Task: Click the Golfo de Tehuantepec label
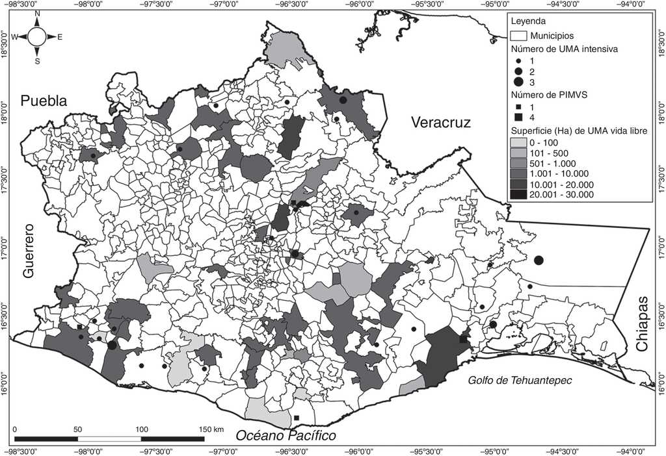pos(520,380)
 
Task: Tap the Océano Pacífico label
pos(286,435)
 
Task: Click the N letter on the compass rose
pos(37,13)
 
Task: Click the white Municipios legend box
pos(518,36)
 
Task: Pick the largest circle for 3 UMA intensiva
pos(518,82)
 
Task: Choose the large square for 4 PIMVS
pos(518,117)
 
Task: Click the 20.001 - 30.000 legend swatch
pos(518,194)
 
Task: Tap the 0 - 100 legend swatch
pos(518,142)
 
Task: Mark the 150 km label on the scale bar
pos(211,429)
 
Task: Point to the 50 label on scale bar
pos(77,429)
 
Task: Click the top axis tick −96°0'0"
pos(360,4)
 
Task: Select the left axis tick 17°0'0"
pos(5,249)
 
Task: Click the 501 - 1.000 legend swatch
pos(518,162)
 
